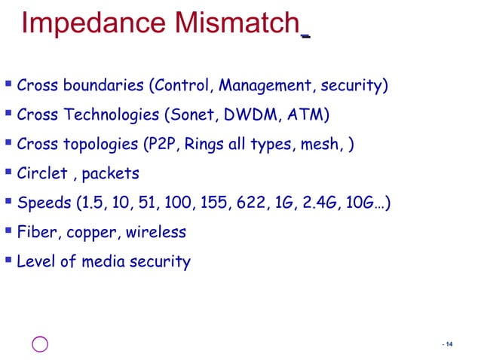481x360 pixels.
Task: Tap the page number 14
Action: pyautogui.click(x=449, y=345)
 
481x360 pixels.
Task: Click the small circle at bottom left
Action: pyautogui.click(x=41, y=344)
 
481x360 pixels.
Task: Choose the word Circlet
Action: pyautogui.click(x=42, y=174)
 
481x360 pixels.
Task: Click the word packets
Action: pyautogui.click(x=110, y=174)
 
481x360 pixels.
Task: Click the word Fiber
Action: pyautogui.click(x=36, y=233)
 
